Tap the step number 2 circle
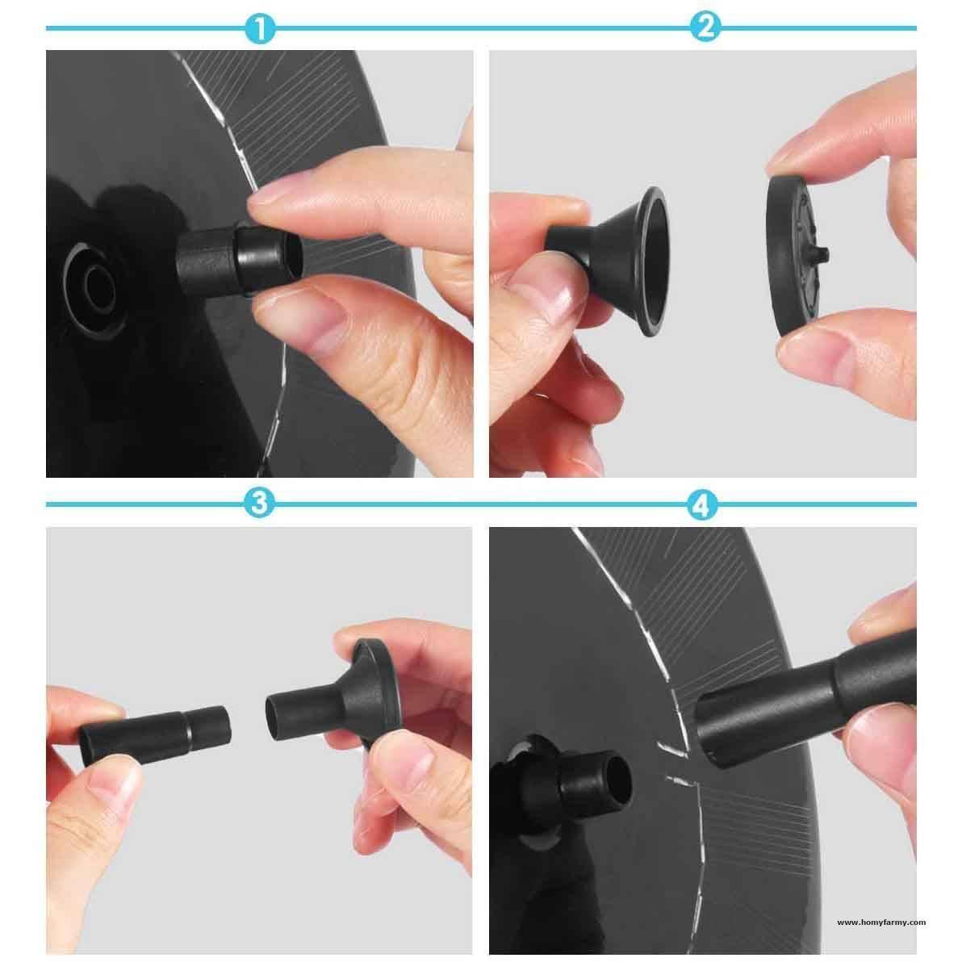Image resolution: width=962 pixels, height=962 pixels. [x=705, y=29]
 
